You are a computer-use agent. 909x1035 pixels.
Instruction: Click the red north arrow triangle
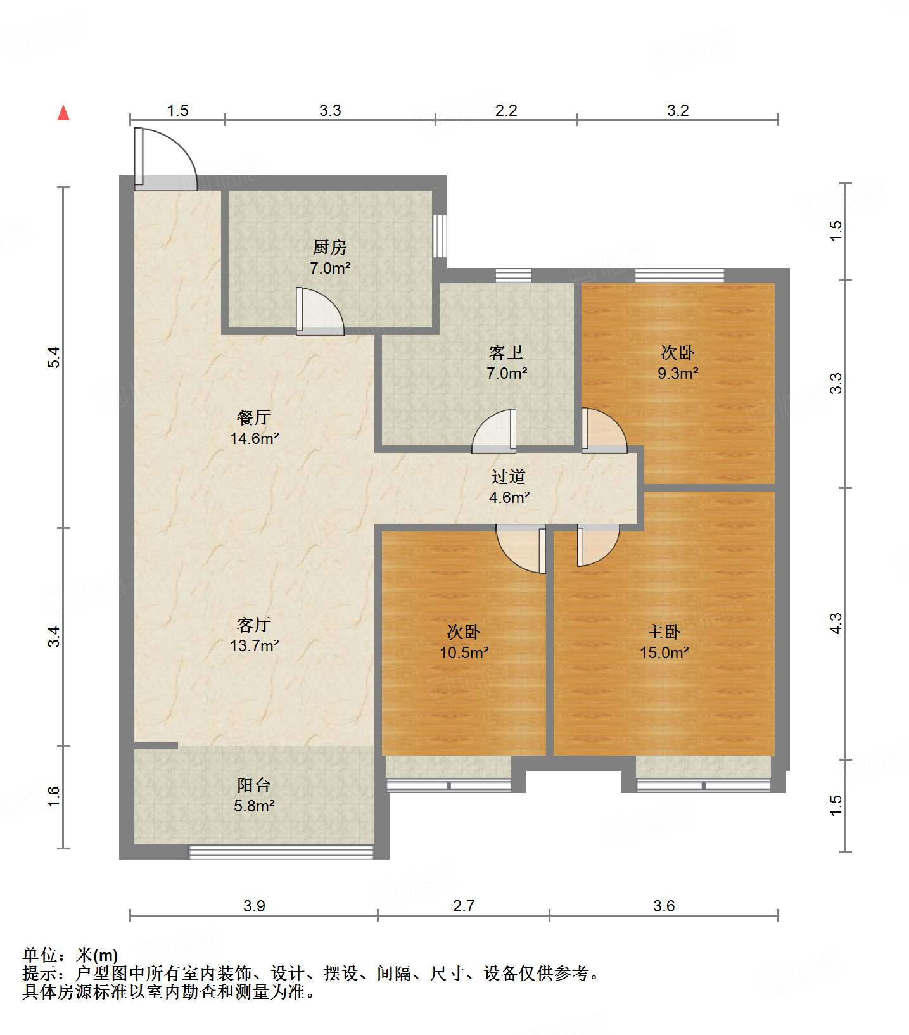point(63,113)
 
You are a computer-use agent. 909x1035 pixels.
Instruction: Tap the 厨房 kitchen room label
point(330,247)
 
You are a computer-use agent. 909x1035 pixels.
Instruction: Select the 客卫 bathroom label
point(506,352)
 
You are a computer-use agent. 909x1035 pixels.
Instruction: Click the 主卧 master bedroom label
point(664,632)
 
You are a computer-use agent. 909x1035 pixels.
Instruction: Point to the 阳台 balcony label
point(254,785)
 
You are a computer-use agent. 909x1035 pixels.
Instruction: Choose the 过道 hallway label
point(509,476)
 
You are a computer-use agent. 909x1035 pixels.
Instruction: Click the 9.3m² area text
point(678,373)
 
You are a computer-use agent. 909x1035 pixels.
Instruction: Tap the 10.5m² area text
point(464,652)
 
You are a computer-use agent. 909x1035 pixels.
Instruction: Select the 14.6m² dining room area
point(255,438)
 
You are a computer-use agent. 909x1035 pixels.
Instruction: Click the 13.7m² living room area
point(255,645)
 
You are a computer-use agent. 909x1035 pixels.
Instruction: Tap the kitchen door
point(321,312)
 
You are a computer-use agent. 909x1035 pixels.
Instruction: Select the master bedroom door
point(597,545)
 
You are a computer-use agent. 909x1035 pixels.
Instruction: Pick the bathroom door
point(494,431)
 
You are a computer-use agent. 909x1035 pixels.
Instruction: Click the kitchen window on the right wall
point(440,236)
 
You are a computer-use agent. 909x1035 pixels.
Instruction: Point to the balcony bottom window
point(281,852)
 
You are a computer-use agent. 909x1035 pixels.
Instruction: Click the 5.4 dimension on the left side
point(55,358)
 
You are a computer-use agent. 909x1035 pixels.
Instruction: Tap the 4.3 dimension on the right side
point(836,623)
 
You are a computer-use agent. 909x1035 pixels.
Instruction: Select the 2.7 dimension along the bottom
point(464,906)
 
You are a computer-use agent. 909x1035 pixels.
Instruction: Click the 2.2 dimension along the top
point(506,110)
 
